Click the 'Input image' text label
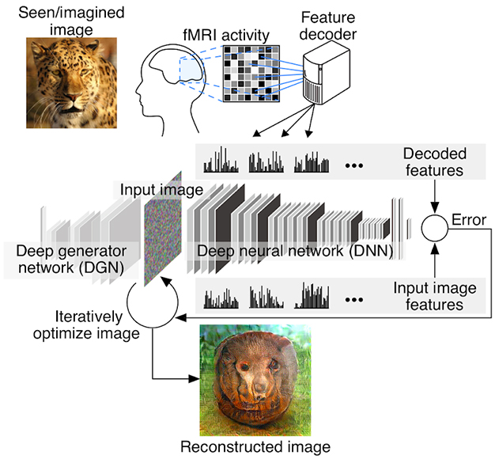click(x=161, y=191)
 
